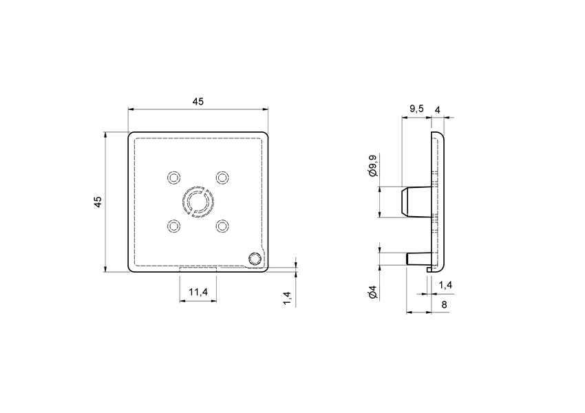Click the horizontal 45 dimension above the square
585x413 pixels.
(x=198, y=101)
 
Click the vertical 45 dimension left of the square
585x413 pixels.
(x=98, y=202)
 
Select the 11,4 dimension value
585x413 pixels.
(x=198, y=293)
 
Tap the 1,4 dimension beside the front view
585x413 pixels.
(x=287, y=297)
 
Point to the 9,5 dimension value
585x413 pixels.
(x=416, y=109)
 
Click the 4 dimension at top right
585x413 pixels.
(x=438, y=109)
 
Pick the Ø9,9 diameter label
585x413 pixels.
(x=372, y=167)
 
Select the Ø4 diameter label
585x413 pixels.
(x=372, y=293)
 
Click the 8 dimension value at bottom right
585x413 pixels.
(x=445, y=304)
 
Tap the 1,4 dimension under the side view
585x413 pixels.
(x=445, y=284)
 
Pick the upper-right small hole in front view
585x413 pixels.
(x=222, y=177)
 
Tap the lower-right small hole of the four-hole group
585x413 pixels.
(x=222, y=225)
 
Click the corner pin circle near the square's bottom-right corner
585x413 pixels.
(x=255, y=258)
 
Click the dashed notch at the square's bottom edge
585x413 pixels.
(x=198, y=271)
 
